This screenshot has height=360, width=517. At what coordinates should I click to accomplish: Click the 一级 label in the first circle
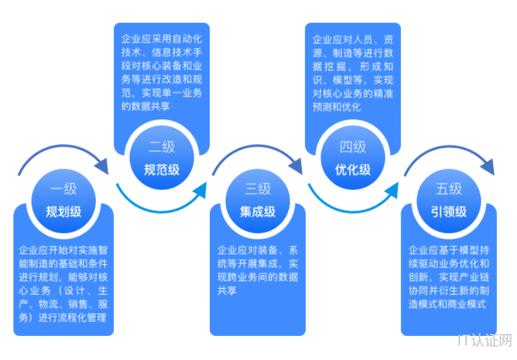[x=63, y=190]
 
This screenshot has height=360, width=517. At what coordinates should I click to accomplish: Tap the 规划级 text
[x=63, y=213]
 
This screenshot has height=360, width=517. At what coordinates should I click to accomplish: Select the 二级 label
[x=161, y=147]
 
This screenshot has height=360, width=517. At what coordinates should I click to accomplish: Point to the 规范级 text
[x=161, y=169]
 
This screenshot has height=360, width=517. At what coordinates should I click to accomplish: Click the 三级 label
[x=257, y=189]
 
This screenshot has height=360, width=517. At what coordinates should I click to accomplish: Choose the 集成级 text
[x=257, y=212]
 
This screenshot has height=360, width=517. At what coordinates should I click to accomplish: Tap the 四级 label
[x=353, y=147]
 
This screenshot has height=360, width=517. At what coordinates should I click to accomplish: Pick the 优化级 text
[x=353, y=169]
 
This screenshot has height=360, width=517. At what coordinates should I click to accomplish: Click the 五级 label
[x=448, y=189]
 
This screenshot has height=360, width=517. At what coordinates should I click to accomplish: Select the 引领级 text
[x=448, y=212]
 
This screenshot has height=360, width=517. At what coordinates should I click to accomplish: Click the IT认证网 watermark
[x=485, y=341]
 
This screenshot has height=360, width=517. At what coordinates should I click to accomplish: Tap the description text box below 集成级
[x=257, y=271]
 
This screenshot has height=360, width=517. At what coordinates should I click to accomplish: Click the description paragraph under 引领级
[x=448, y=277]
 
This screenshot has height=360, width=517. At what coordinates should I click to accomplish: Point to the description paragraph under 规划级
[x=63, y=284]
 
